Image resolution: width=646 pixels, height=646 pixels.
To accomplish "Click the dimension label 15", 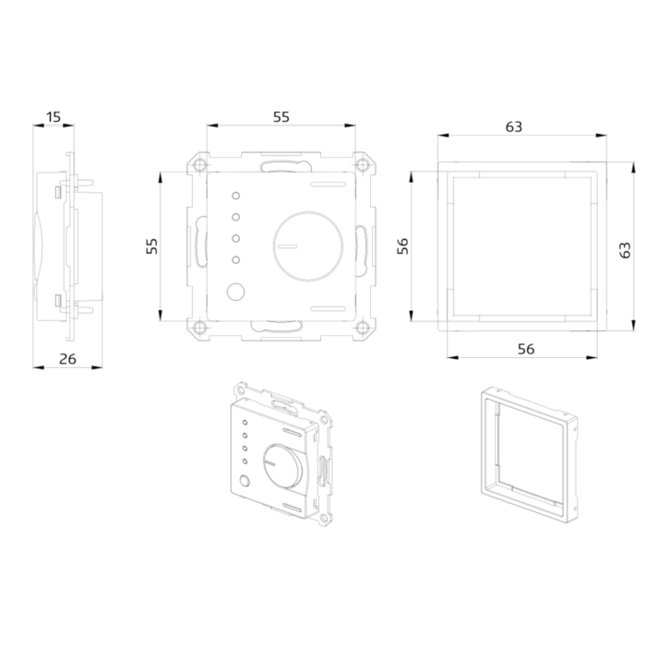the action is (x=54, y=117).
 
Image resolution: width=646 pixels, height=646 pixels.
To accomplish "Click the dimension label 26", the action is (x=67, y=359).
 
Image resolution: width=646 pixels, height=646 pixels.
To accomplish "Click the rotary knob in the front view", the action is (x=307, y=246).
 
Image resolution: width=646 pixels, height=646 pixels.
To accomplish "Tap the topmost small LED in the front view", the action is (x=235, y=196).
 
